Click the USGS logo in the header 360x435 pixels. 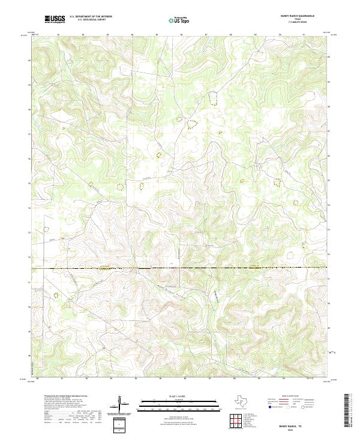(x=55, y=20)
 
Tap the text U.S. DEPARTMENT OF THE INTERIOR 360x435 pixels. (x=91, y=17)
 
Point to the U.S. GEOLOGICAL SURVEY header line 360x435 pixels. (x=91, y=20)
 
